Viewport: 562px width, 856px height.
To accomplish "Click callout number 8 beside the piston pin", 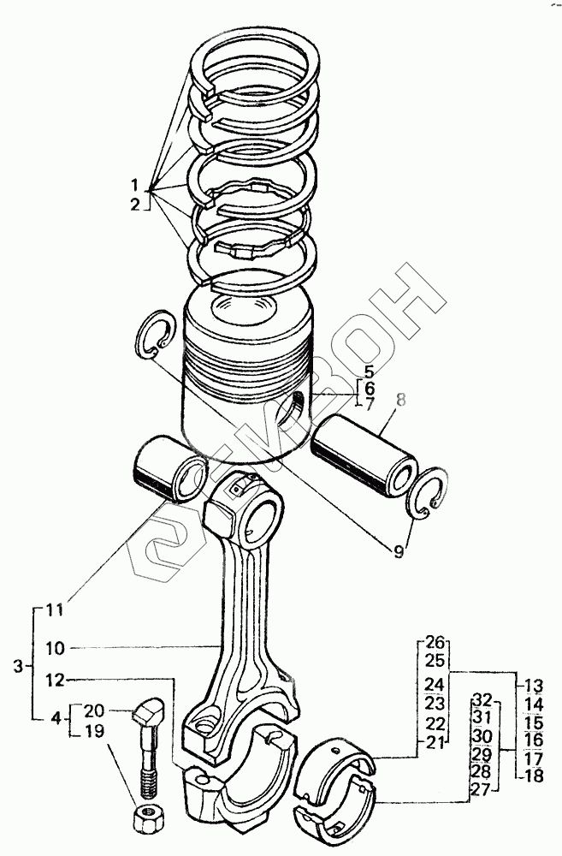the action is coord(401,401).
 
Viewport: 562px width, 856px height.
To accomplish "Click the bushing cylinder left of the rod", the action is coord(170,468).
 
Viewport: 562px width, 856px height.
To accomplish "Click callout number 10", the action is coord(55,649).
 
